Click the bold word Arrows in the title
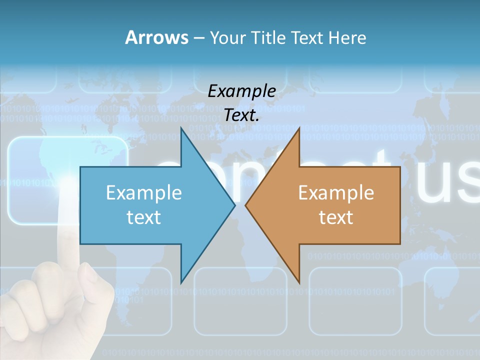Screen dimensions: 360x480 [x=156, y=37]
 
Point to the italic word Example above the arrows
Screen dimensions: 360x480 [x=241, y=91]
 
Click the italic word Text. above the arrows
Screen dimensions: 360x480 [x=241, y=115]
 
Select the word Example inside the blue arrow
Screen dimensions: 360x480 [x=144, y=192]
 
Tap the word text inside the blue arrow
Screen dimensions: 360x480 [x=144, y=217]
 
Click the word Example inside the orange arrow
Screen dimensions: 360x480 [x=336, y=192]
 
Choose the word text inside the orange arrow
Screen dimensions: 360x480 [x=336, y=217]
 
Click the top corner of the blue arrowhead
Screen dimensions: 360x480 [x=182, y=129]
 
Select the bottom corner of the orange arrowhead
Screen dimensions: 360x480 [x=298, y=282]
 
